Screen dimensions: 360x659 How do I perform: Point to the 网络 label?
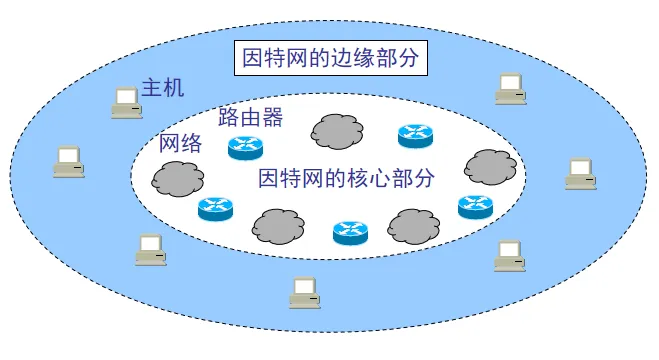[181, 143]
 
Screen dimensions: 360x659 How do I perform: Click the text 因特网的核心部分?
[347, 180]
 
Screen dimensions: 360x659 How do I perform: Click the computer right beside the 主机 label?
[126, 102]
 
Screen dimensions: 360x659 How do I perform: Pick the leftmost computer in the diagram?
[68, 161]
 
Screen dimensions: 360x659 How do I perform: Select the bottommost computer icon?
[304, 291]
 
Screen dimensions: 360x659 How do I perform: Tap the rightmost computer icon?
[580, 173]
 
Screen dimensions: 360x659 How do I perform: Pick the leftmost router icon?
[214, 208]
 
